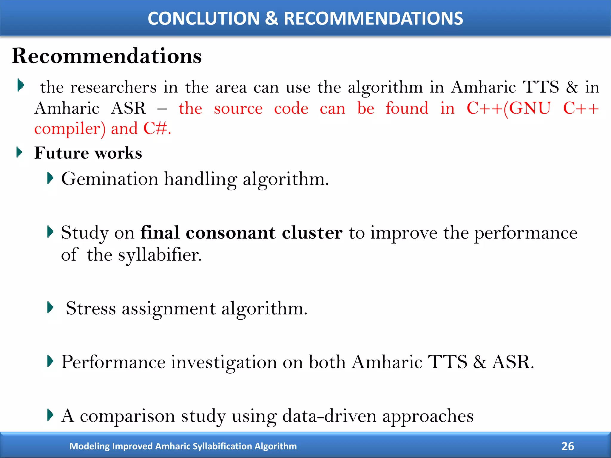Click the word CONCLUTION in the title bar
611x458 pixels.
click(203, 18)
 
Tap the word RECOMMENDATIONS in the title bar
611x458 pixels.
click(373, 18)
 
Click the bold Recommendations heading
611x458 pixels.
click(107, 56)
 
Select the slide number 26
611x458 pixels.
click(567, 446)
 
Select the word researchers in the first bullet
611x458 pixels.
click(113, 87)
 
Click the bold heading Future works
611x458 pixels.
click(88, 153)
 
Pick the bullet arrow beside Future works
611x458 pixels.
click(19, 152)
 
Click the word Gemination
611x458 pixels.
click(109, 179)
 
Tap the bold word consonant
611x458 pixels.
click(230, 233)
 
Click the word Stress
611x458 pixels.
click(91, 308)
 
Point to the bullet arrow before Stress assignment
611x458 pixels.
click(50, 307)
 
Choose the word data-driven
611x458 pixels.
click(329, 416)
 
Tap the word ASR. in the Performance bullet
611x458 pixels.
click(513, 362)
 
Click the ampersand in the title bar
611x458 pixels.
click(271, 18)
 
